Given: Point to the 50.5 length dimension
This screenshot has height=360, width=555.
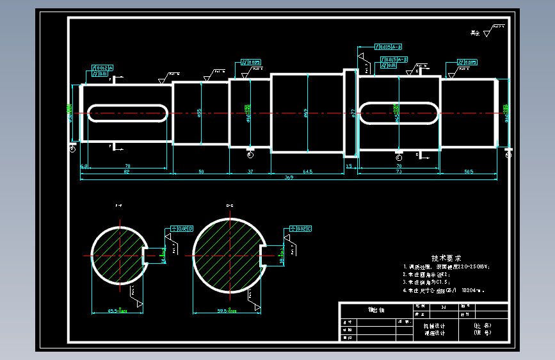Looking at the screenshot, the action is pos(469,172).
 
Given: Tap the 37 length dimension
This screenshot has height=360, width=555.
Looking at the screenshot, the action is pos(250,172).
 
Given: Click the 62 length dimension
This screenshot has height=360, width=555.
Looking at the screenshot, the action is pos(127,172).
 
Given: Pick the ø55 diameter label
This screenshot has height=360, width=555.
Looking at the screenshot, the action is pos(200,113).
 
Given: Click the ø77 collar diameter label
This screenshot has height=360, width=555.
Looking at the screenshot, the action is pos(353,113).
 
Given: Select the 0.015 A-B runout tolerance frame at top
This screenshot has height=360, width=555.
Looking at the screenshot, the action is pos(389,47).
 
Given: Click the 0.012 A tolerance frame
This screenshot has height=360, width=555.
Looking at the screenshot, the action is pos(103,67).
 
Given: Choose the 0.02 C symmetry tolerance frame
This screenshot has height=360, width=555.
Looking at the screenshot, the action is pos(300,228).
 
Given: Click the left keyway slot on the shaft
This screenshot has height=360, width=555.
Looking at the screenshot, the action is pos(127,113).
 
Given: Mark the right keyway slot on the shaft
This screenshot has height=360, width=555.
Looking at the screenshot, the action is pos(398,113).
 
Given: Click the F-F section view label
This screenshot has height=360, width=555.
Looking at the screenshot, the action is pos(119,206).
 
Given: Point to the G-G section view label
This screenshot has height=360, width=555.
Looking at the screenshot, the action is pos(229,206).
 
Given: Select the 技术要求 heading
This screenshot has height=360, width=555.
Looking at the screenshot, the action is pos(446,258).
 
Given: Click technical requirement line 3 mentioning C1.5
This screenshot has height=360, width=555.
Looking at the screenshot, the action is pos(428,282).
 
